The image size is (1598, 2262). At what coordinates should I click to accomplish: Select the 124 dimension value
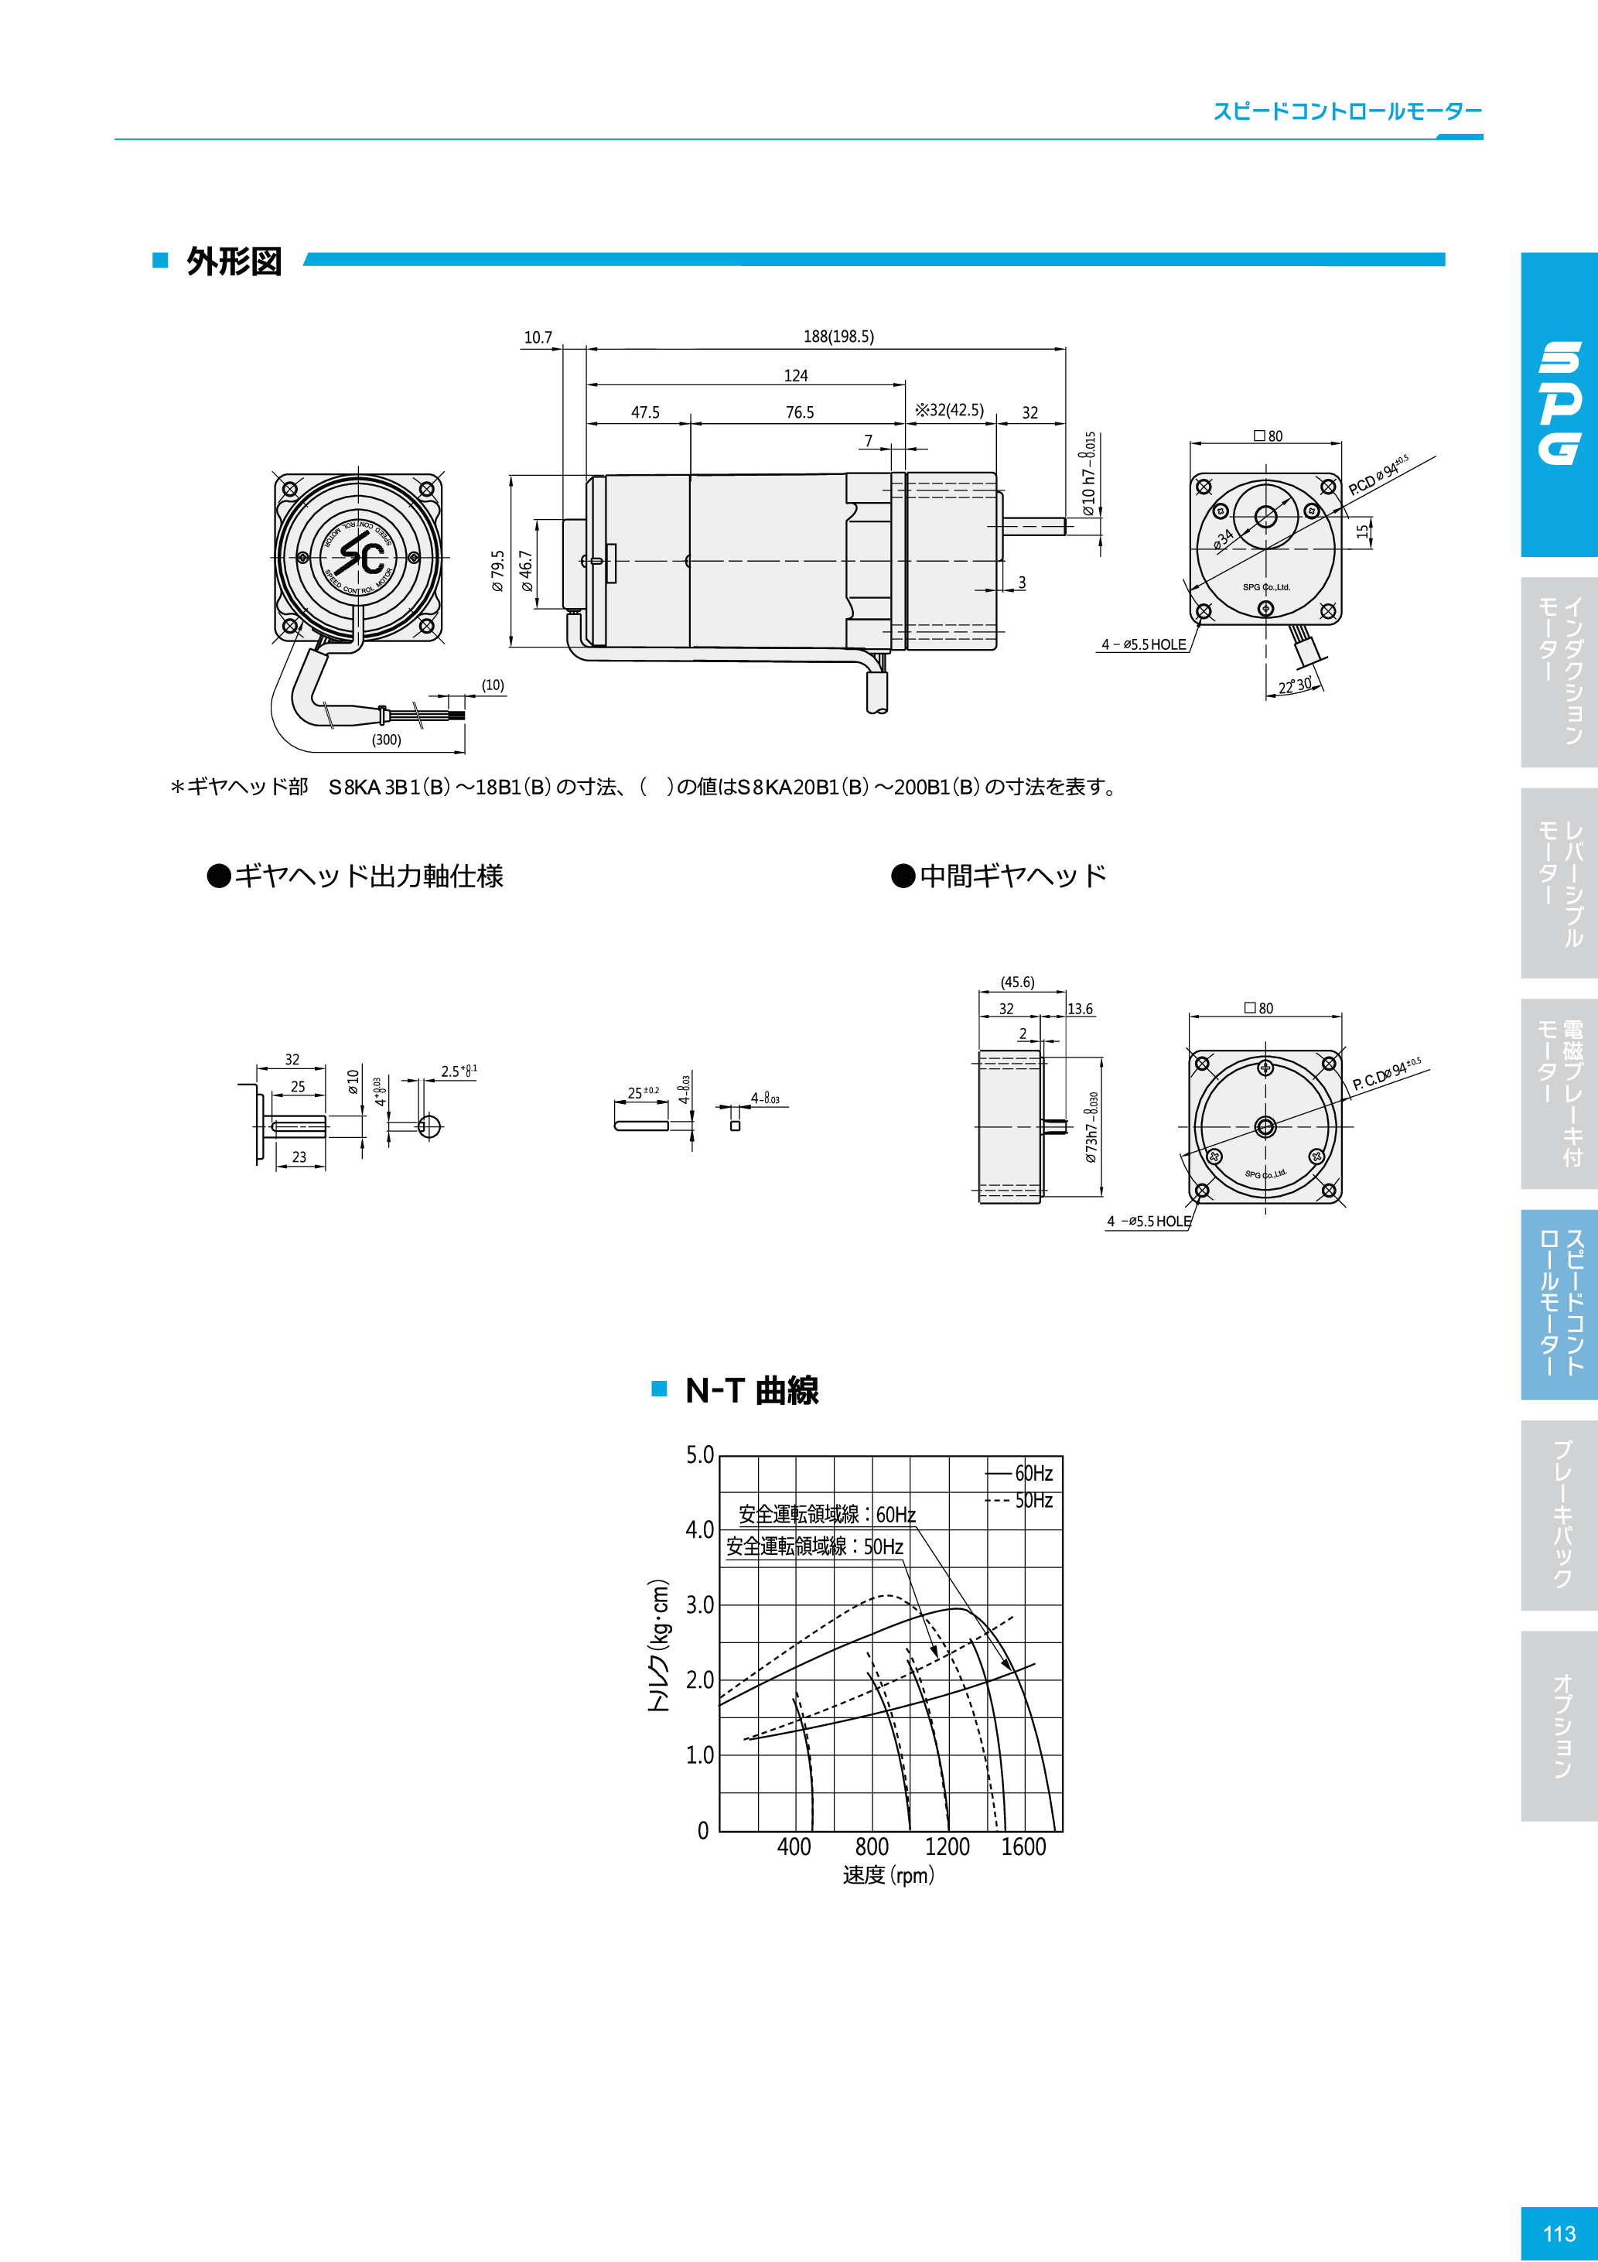(795, 375)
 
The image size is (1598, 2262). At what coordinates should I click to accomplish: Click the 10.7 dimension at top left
(538, 337)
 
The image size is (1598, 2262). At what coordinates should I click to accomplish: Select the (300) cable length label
(386, 739)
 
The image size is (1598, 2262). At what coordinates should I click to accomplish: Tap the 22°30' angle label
(1296, 685)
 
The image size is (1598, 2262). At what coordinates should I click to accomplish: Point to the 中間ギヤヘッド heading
(1012, 876)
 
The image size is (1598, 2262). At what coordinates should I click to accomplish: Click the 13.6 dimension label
(1080, 1009)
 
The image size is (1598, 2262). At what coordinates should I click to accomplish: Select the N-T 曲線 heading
(752, 1390)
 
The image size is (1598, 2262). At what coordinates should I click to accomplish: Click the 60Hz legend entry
(1033, 1473)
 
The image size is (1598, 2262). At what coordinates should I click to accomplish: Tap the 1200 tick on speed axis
(947, 1847)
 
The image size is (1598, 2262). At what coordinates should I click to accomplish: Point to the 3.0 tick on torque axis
(699, 1605)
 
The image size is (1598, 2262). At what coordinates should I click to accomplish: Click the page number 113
(1559, 2233)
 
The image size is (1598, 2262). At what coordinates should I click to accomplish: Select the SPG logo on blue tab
(1559, 403)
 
